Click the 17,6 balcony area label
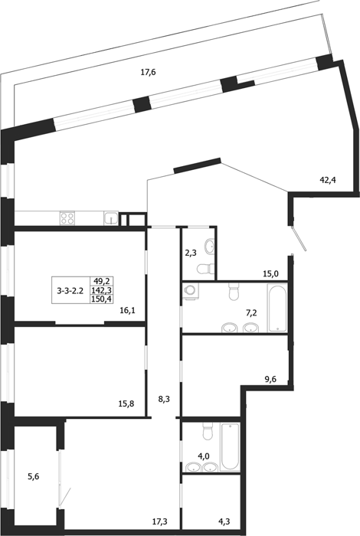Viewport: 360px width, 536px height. [x=149, y=72]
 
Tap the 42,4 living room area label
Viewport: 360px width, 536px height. [x=328, y=179]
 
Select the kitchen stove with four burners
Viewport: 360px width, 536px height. [x=67, y=218]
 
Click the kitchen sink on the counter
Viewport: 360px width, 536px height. [x=111, y=218]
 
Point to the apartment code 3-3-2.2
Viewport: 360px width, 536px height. [x=70, y=291]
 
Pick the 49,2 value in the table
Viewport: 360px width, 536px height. [x=101, y=282]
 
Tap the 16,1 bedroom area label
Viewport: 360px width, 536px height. [x=127, y=310]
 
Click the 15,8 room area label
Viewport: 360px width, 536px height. [x=126, y=404]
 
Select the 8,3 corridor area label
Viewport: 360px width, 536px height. [x=164, y=399]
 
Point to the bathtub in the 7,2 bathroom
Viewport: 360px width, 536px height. [x=277, y=307]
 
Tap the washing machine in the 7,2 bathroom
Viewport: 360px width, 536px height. [x=189, y=291]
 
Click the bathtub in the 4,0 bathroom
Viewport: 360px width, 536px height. [x=230, y=447]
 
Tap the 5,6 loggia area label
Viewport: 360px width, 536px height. [x=33, y=476]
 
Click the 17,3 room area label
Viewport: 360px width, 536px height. [x=160, y=521]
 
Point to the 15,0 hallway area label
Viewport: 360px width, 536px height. [x=271, y=273]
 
